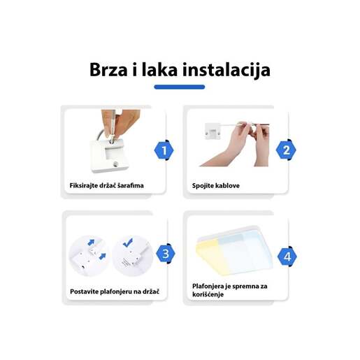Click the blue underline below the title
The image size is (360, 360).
(x=179, y=87)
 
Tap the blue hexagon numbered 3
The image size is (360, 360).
(x=165, y=253)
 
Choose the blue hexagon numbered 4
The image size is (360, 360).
(x=287, y=257)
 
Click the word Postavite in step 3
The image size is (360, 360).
(x=86, y=291)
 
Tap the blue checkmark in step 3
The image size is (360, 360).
(x=128, y=242)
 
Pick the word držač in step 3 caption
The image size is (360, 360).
(x=155, y=291)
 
